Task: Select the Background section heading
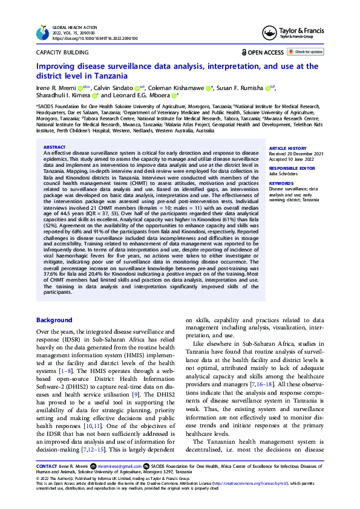(54, 320)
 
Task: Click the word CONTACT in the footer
(47, 467)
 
